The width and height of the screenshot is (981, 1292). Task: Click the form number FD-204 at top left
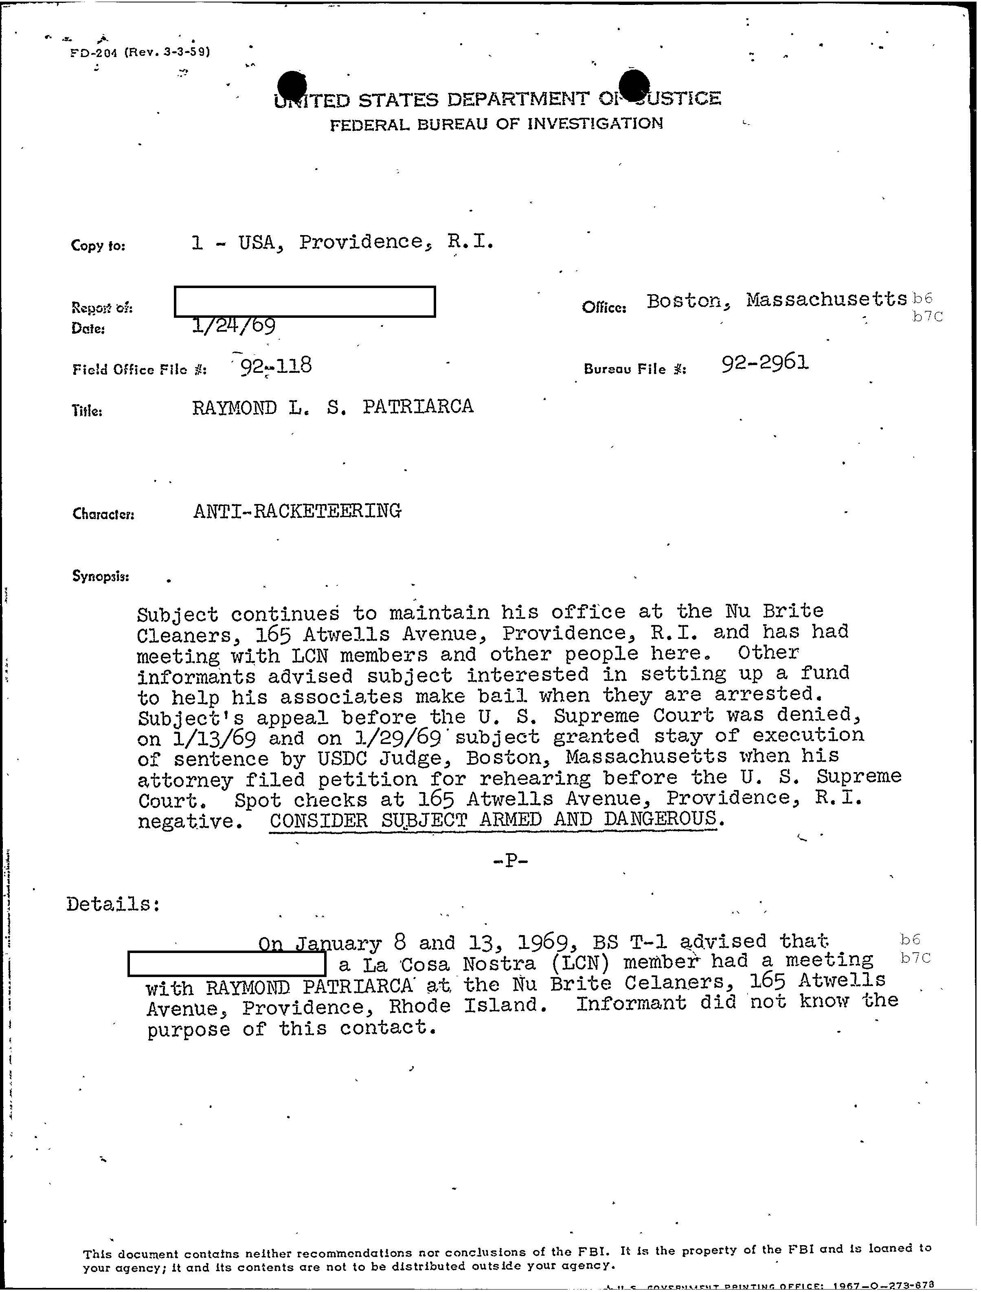click(93, 53)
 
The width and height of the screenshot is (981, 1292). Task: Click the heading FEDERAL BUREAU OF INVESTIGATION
click(496, 124)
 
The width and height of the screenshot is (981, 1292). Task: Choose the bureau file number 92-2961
click(765, 363)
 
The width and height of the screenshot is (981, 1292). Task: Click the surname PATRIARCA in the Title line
click(417, 407)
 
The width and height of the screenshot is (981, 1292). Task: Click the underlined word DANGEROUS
click(660, 819)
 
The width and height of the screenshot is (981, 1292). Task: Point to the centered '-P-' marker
click(510, 861)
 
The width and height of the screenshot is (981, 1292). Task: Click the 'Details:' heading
click(113, 904)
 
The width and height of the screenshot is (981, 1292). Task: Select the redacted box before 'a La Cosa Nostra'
click(226, 964)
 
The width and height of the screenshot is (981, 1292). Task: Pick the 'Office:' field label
click(604, 307)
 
